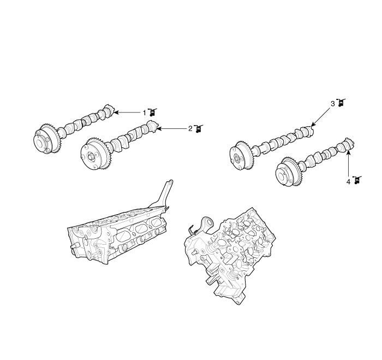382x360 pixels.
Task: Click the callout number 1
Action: click(144, 113)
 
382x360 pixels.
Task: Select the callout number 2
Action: click(190, 128)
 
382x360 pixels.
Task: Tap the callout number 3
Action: click(333, 104)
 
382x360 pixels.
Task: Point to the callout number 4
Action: click(348, 182)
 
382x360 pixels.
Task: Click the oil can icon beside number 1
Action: click(152, 112)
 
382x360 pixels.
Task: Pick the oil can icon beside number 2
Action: click(199, 128)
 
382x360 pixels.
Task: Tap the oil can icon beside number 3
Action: click(341, 103)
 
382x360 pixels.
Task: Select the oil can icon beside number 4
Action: click(357, 180)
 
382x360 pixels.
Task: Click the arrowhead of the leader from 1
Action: click(116, 113)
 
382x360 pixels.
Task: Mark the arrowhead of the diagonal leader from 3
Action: click(313, 125)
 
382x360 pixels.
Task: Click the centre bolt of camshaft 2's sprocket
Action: click(91, 156)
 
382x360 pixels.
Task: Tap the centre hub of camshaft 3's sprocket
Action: click(237, 158)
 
